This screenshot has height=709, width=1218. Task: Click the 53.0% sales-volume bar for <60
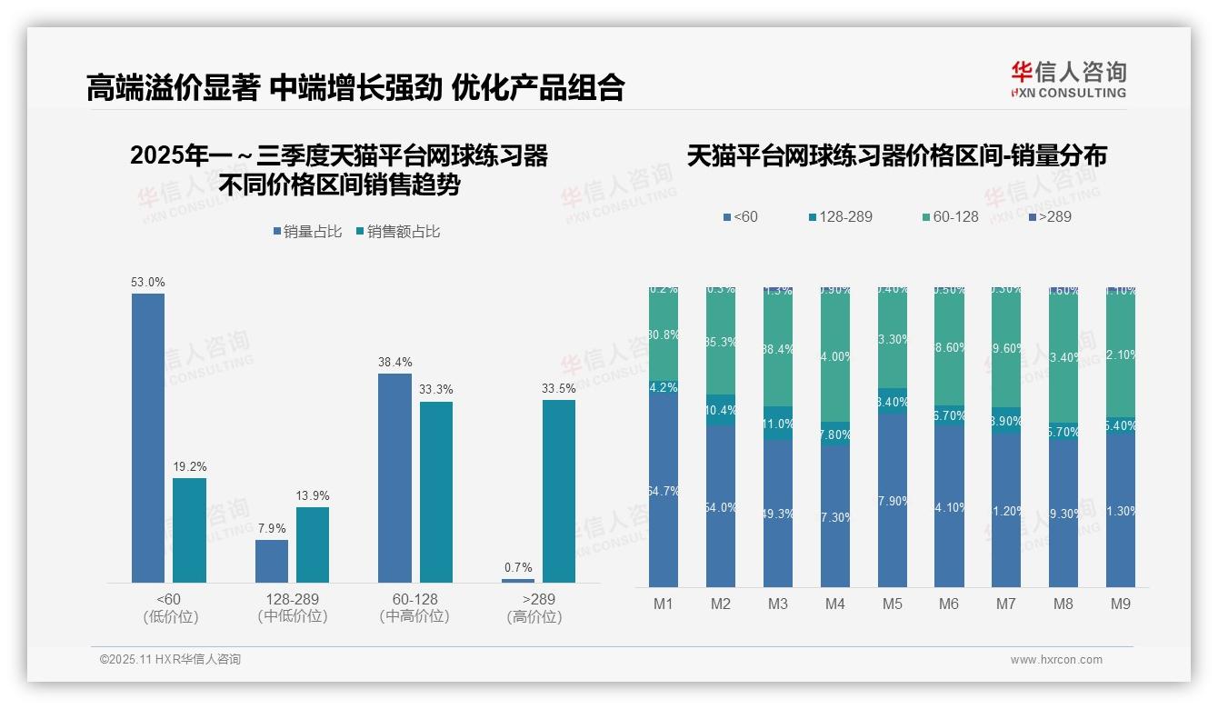(148, 437)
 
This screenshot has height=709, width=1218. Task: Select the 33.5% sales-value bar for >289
(559, 491)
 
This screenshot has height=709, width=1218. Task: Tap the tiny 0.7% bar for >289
(518, 580)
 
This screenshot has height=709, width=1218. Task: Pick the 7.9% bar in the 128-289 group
(272, 561)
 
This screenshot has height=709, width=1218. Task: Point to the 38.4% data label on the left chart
(395, 362)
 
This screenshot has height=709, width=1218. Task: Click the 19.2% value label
(190, 466)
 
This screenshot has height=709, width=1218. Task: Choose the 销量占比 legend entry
(307, 232)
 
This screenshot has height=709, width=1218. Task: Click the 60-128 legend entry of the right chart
(950, 216)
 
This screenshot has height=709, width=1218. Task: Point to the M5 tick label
(892, 604)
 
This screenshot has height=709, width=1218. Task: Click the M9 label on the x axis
(1121, 604)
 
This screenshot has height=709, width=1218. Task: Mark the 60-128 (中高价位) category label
(414, 607)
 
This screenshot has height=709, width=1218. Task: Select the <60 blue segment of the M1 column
(664, 491)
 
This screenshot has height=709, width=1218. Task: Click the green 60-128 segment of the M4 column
(835, 357)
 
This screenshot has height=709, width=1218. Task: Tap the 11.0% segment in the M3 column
(778, 424)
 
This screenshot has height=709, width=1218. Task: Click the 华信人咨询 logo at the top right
(1069, 79)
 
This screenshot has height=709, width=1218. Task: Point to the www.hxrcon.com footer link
(1056, 660)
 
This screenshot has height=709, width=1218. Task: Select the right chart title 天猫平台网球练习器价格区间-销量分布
(896, 156)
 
